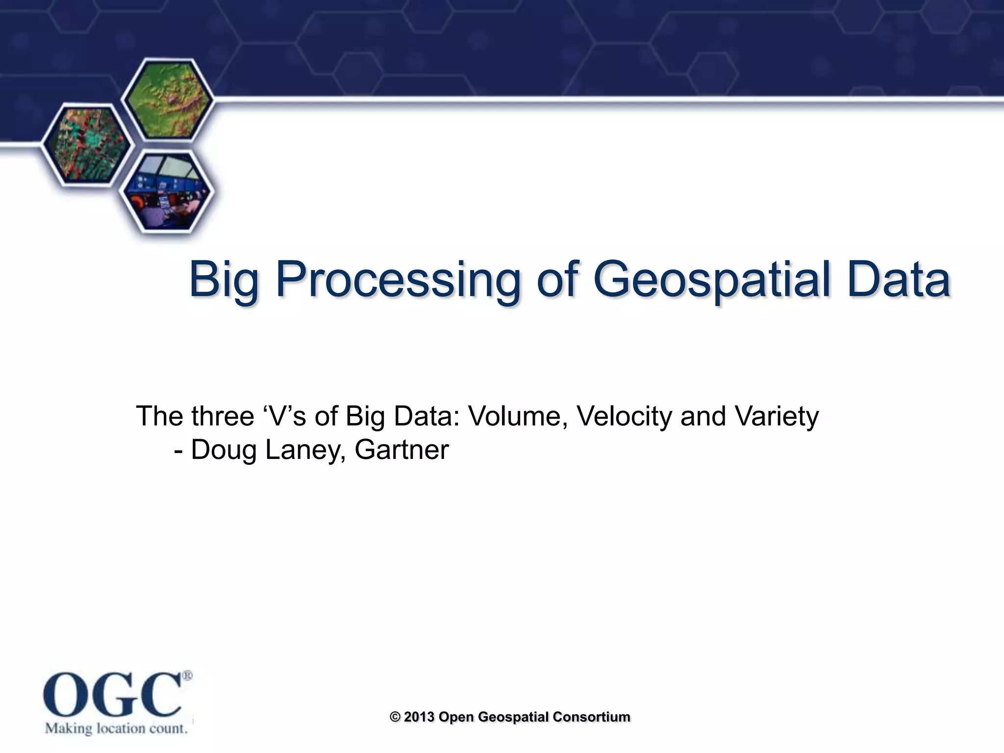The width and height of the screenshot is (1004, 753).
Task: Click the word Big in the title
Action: [x=224, y=280]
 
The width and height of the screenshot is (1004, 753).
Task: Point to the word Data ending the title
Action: [x=899, y=280]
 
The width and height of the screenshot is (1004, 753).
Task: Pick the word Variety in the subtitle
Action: [x=777, y=416]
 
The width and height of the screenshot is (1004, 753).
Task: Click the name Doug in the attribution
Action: [x=224, y=450]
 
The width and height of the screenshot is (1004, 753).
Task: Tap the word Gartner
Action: [x=402, y=450]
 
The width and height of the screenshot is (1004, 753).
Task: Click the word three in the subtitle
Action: [x=222, y=416]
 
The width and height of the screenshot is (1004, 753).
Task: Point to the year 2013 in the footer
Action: [x=419, y=717]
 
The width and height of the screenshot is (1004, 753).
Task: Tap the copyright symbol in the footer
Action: [x=395, y=717]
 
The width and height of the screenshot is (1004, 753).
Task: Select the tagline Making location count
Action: [x=117, y=728]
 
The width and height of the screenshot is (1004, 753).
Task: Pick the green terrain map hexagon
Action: [x=167, y=101]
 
